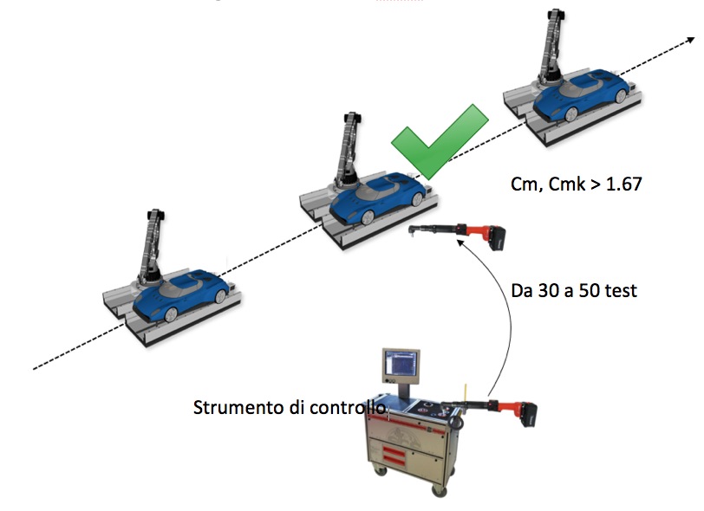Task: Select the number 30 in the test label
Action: (x=545, y=291)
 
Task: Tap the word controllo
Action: (x=351, y=406)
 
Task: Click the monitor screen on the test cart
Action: (x=400, y=366)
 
